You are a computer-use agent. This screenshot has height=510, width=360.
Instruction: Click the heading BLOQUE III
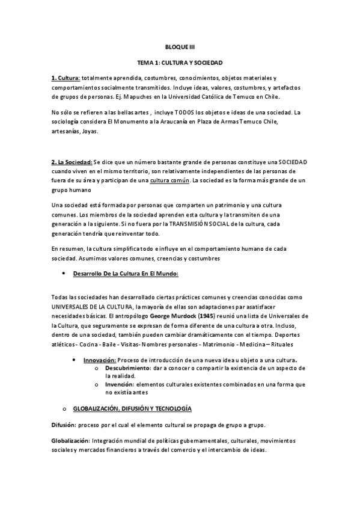[180, 46]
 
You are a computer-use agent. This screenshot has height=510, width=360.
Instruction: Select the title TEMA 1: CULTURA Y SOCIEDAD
[180, 62]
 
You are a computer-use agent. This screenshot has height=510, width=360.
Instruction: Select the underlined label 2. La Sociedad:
[72, 163]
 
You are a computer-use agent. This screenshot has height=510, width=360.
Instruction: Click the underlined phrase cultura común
[169, 180]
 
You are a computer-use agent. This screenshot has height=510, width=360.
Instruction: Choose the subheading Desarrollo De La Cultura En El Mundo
[126, 274]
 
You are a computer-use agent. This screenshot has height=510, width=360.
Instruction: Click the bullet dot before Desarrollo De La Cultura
[64, 274]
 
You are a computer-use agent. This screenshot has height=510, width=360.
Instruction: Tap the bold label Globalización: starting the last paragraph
[71, 441]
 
